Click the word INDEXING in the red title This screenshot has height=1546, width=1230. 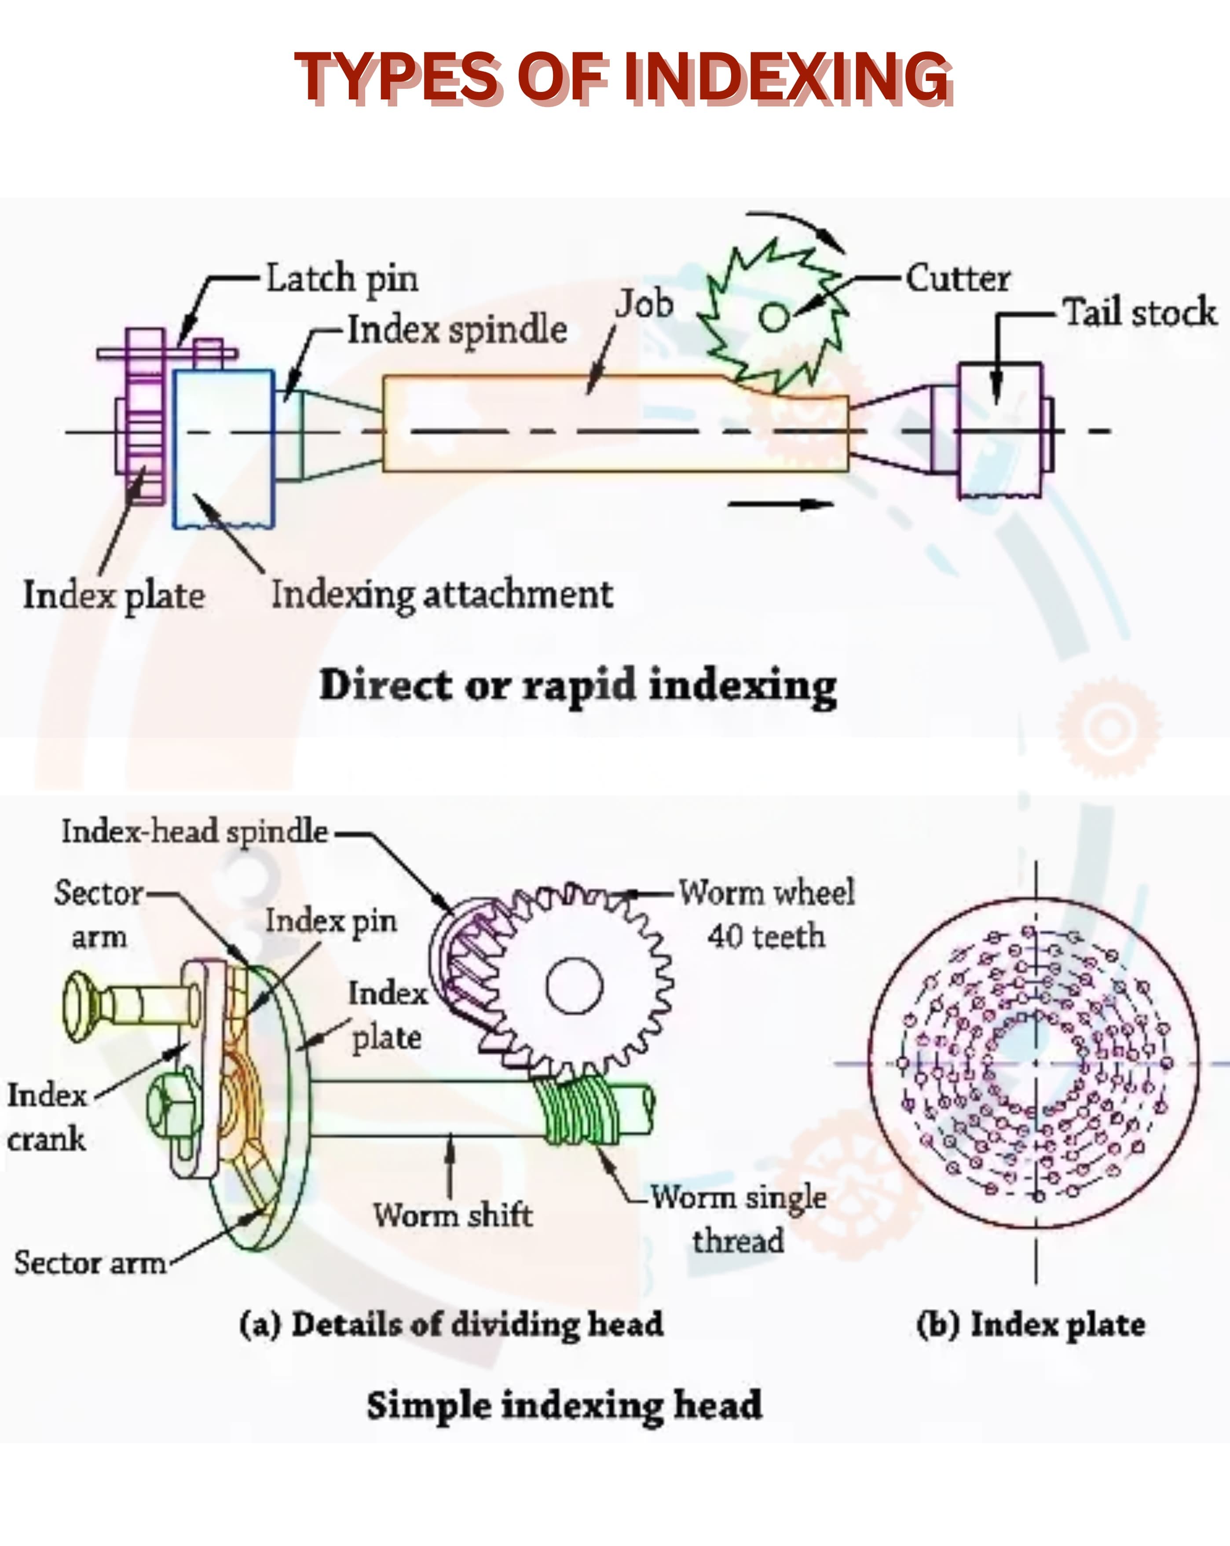point(787,77)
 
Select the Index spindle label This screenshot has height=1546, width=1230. point(457,330)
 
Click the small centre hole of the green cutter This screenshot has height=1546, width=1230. point(774,317)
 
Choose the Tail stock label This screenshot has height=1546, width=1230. point(1139,313)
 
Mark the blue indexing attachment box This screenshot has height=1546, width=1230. point(223,448)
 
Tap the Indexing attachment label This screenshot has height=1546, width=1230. point(442,594)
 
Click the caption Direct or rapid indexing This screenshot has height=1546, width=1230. point(577,685)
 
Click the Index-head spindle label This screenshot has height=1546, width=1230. point(194,832)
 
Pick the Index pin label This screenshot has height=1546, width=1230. point(331,921)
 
